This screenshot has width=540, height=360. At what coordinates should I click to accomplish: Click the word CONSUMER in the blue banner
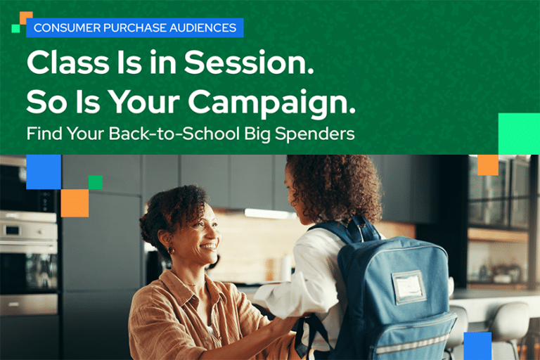pos(62,28)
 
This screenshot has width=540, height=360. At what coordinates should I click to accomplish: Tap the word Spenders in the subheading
pos(319,134)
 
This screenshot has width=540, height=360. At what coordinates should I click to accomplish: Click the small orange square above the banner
pos(26,16)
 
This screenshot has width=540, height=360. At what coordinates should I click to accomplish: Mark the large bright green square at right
pos(518,134)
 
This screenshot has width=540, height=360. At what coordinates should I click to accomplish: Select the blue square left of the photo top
pos(44,172)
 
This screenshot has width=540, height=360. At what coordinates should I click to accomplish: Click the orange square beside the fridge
pos(75,203)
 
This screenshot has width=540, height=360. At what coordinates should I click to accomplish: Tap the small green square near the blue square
pos(95,182)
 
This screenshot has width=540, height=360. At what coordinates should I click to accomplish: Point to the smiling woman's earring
pos(171,250)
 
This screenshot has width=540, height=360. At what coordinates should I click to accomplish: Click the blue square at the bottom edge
pos(477,345)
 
